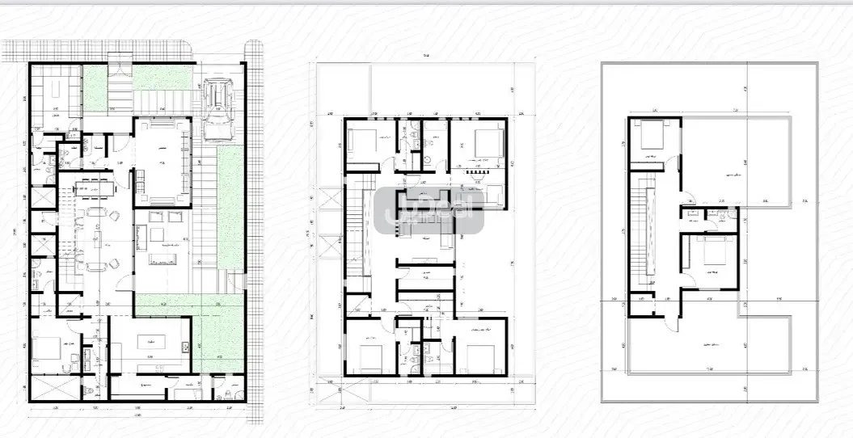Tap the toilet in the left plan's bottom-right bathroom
221,397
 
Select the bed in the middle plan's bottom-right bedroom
483,356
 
